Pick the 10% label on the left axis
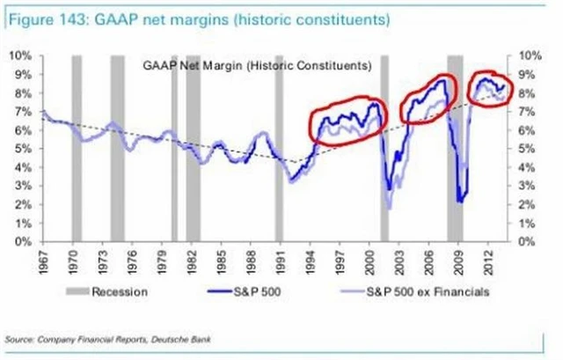pyautogui.click(x=21, y=55)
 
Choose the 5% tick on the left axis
pyautogui.click(x=24, y=148)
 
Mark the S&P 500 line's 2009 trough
pyautogui.click(x=460, y=202)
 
